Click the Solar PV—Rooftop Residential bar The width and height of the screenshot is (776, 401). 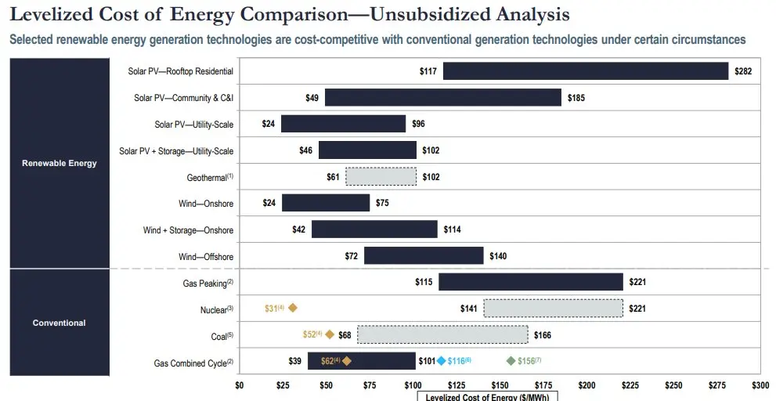(586, 71)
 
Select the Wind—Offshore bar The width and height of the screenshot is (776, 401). (424, 256)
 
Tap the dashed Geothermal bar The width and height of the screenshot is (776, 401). (381, 177)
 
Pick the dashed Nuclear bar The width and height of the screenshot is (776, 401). (553, 309)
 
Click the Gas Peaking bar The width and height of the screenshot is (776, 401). (530, 282)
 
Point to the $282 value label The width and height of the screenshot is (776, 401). (743, 71)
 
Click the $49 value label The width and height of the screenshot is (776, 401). (312, 98)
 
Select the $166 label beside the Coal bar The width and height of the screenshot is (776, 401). (542, 335)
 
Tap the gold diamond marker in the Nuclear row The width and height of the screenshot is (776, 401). (293, 309)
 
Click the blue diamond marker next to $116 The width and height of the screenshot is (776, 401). (442, 361)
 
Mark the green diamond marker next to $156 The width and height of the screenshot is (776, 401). (511, 361)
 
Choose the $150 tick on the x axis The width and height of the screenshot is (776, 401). (500, 385)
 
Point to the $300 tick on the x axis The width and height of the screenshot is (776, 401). (760, 385)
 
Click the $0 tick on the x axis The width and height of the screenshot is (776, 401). (240, 385)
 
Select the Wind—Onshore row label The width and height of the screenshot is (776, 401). (206, 204)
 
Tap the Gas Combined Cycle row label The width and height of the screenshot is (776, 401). (193, 363)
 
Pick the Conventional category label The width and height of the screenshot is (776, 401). (60, 323)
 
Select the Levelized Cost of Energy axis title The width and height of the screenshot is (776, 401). (487, 397)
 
